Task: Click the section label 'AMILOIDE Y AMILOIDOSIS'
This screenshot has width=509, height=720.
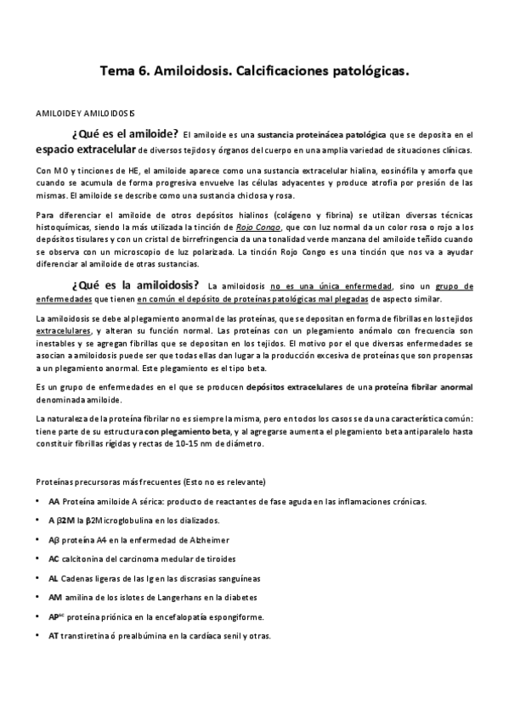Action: point(79,113)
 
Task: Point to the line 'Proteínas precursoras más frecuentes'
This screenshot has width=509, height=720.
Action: point(120,481)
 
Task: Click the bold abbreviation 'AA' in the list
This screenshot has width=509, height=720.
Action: point(54,501)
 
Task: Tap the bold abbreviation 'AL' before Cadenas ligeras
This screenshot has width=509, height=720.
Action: point(54,578)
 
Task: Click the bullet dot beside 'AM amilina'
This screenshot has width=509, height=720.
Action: point(38,597)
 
